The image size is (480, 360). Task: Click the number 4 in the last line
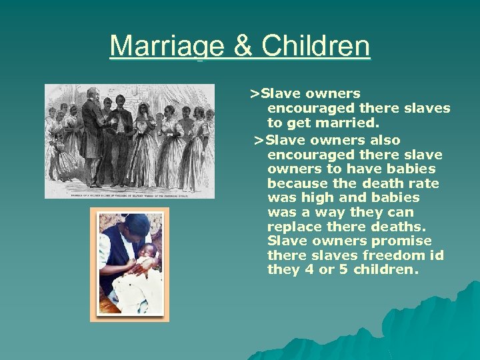click(303, 270)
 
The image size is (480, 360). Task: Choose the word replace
click(293, 227)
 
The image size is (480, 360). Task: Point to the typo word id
click(437, 255)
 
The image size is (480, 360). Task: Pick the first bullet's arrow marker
click(254, 93)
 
